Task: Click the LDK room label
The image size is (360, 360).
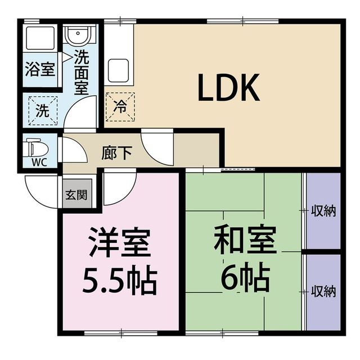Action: [x=228, y=88]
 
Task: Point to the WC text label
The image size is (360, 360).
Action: [x=38, y=164]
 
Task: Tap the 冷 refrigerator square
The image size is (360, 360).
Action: [x=120, y=105]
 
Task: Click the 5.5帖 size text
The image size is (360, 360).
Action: [x=119, y=280]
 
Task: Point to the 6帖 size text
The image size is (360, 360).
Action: [x=245, y=276]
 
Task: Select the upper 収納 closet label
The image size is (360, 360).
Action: [x=323, y=211]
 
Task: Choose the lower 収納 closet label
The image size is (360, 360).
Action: [x=323, y=291]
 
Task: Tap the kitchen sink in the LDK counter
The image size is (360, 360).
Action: [x=119, y=70]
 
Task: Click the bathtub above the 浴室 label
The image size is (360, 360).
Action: [x=39, y=39]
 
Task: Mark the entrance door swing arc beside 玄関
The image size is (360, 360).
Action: [x=42, y=191]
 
